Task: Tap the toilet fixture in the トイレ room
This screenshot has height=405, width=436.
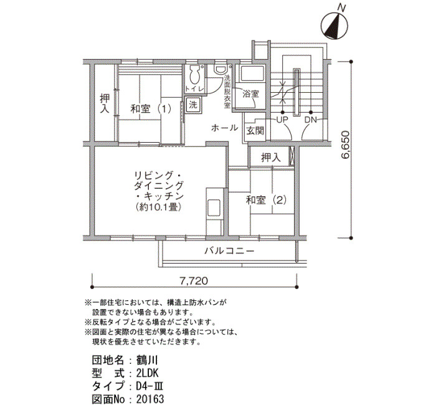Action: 194,75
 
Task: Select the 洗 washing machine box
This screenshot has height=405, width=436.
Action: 193,105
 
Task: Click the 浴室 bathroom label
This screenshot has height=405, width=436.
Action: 251,93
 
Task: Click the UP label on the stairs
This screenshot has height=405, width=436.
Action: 282,120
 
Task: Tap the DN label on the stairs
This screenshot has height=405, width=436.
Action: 311,120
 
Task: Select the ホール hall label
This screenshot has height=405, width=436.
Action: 224,128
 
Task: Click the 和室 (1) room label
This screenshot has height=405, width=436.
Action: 151,109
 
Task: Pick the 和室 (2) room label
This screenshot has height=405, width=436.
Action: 266,200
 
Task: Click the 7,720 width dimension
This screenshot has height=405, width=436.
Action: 194,281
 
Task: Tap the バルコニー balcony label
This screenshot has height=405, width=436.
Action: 229,252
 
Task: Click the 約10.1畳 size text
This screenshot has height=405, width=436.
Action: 158,207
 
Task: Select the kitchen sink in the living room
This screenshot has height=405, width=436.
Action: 214,207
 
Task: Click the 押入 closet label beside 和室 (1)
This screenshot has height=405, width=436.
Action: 105,103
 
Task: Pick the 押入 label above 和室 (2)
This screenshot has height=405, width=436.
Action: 271,158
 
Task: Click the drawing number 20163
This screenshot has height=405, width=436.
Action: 150,399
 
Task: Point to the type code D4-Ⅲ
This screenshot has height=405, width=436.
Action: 149,386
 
